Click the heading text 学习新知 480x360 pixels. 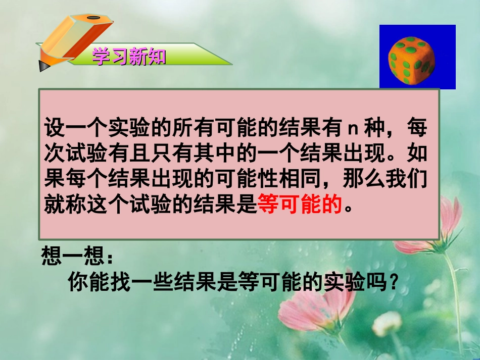click(x=129, y=57)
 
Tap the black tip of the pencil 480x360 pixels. click(x=41, y=65)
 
